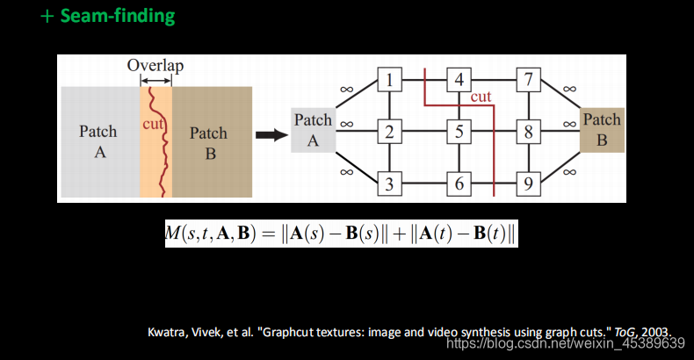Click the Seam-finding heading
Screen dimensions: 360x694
point(107,17)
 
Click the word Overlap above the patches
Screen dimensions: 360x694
point(155,66)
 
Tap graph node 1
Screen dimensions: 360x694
point(390,82)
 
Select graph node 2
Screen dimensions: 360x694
point(390,133)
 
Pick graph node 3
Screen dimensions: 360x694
point(390,184)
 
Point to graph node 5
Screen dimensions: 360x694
point(459,133)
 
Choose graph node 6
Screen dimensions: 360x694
point(459,184)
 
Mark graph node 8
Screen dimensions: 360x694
point(528,133)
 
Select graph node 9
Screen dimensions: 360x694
point(528,184)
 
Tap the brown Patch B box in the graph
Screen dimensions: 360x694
point(602,130)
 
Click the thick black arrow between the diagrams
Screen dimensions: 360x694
point(270,135)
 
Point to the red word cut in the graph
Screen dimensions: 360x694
point(481,97)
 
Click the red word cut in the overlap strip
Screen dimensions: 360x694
point(153,125)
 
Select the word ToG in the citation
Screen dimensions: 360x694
point(625,332)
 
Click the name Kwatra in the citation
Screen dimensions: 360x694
point(168,332)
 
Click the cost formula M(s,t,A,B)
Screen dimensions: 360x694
point(341,233)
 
